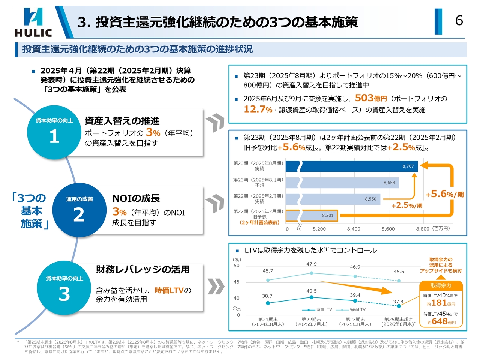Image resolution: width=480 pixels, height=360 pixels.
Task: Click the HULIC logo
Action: coord(33,22)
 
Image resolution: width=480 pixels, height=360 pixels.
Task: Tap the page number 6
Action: coord(459,20)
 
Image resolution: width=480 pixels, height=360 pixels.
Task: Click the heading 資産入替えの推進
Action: coord(122,121)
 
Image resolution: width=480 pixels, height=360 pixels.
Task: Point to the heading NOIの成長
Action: coord(136,198)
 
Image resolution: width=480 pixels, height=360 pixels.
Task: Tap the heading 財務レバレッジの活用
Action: coord(142,269)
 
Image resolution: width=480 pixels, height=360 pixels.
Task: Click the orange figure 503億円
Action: coord(370,98)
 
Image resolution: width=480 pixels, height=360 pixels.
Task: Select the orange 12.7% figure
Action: coord(258,109)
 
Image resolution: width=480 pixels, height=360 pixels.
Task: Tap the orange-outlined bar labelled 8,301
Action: coord(312,216)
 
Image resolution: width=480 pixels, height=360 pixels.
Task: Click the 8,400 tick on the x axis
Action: coord(354,229)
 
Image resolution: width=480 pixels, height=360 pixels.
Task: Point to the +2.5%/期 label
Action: coord(406,205)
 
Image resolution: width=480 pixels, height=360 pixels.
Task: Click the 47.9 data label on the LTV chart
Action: coord(311,264)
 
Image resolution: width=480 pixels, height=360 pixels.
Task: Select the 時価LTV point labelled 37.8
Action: coord(399,306)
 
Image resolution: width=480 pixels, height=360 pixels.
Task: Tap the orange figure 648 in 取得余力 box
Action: coord(439,321)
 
